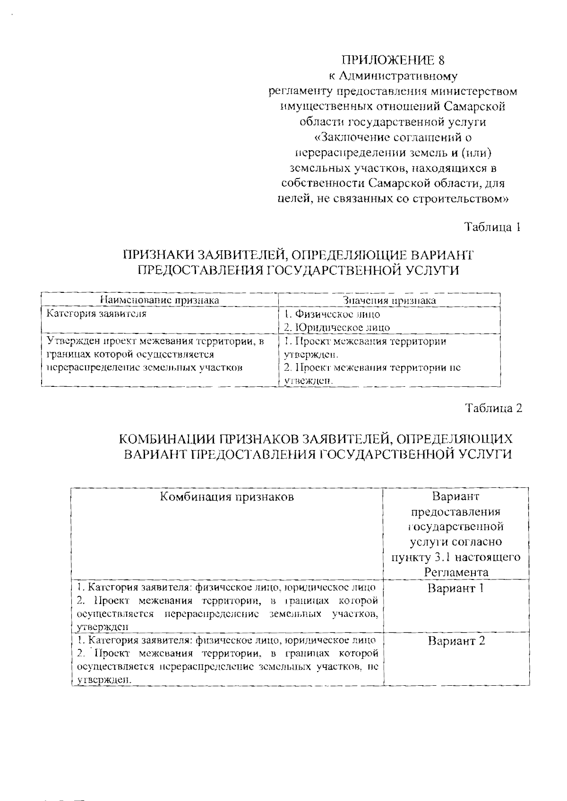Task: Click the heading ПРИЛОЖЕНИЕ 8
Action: tap(393, 60)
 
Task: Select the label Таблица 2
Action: tap(494, 409)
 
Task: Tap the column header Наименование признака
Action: tap(159, 300)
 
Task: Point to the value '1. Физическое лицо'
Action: tap(332, 314)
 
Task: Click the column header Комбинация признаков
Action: tap(227, 497)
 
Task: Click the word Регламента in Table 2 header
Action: tap(456, 572)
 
